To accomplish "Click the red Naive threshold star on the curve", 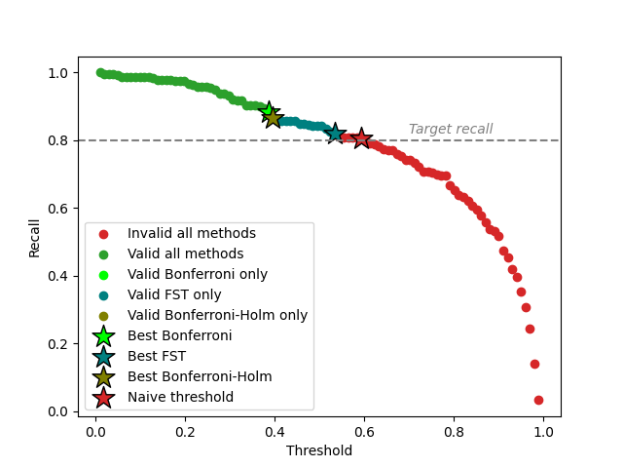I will click(361, 138).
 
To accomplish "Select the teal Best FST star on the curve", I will click(335, 134).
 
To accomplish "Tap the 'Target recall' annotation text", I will click(450, 129).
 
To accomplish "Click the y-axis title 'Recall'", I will click(34, 238).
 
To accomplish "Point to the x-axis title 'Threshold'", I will click(319, 450).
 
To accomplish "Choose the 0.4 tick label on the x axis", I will click(275, 430).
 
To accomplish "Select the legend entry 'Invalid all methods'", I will click(191, 234).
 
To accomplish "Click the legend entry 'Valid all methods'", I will click(185, 254).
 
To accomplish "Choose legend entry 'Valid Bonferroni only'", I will click(197, 275).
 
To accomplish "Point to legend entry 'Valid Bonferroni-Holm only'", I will click(216, 316).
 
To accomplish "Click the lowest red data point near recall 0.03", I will click(538, 400).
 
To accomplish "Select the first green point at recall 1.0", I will click(100, 72).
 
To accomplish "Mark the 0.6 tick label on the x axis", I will click(364, 430).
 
